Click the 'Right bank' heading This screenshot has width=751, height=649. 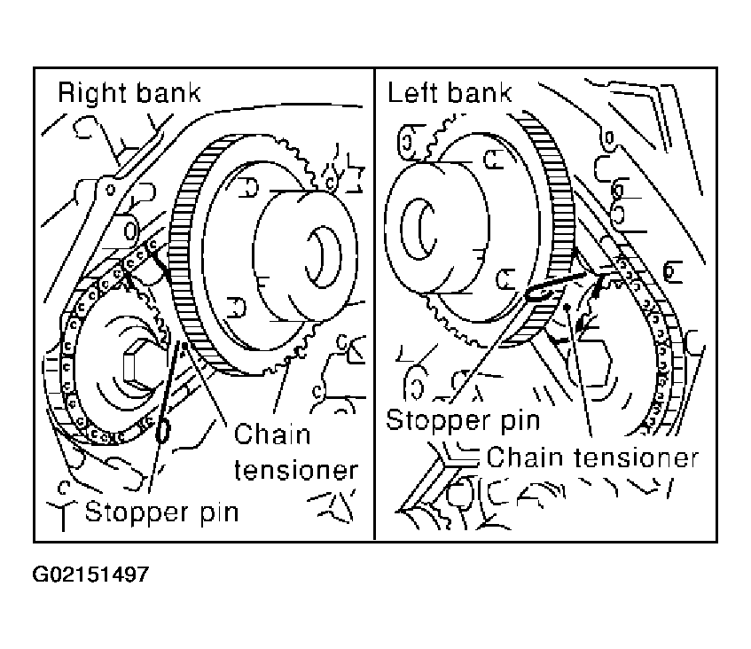tap(129, 92)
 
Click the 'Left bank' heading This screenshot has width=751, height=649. tap(450, 92)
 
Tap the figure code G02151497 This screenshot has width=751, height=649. tap(90, 574)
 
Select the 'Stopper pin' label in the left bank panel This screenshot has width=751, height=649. tap(463, 421)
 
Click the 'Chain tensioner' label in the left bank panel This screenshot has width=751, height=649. tap(592, 457)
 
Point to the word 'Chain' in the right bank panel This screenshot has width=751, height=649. tap(272, 434)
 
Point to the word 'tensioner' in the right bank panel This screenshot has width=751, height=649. tap(296, 470)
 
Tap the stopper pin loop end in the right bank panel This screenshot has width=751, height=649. tap(163, 431)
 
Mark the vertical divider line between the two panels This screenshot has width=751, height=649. tap(374, 304)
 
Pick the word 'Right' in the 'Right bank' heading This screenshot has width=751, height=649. tap(92, 93)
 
